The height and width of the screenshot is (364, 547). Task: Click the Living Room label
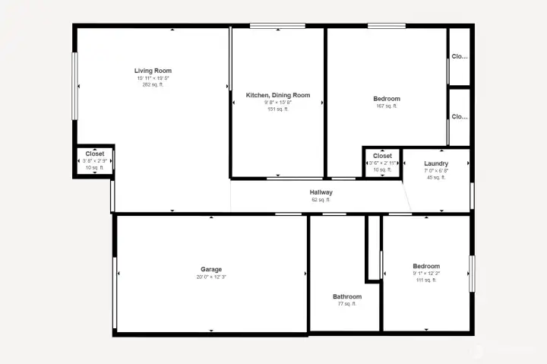(153, 71)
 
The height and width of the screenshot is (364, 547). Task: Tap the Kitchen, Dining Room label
(278, 95)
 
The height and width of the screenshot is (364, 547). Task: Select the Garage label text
(211, 270)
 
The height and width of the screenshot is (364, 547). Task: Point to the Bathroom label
(347, 296)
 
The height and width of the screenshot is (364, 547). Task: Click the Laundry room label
(436, 164)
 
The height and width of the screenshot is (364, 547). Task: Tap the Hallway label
(321, 193)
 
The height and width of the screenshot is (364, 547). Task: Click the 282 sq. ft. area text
(153, 84)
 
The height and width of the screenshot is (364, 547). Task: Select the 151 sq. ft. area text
(278, 109)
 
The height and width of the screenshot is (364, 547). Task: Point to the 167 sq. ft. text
(386, 106)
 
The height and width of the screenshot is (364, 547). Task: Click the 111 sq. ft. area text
(426, 280)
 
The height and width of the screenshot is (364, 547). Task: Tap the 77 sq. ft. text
(347, 304)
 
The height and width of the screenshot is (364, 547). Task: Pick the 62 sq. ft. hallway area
(321, 200)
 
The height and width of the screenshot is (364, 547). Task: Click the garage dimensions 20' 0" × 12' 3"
(211, 277)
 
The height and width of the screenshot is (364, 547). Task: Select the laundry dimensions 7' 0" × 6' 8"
(436, 171)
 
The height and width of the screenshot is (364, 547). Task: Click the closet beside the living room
(95, 160)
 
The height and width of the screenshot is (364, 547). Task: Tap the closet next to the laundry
(382, 162)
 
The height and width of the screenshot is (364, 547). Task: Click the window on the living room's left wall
(74, 85)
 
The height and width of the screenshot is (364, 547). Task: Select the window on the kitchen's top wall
(278, 27)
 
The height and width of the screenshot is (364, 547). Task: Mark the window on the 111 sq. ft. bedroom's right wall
(472, 274)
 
